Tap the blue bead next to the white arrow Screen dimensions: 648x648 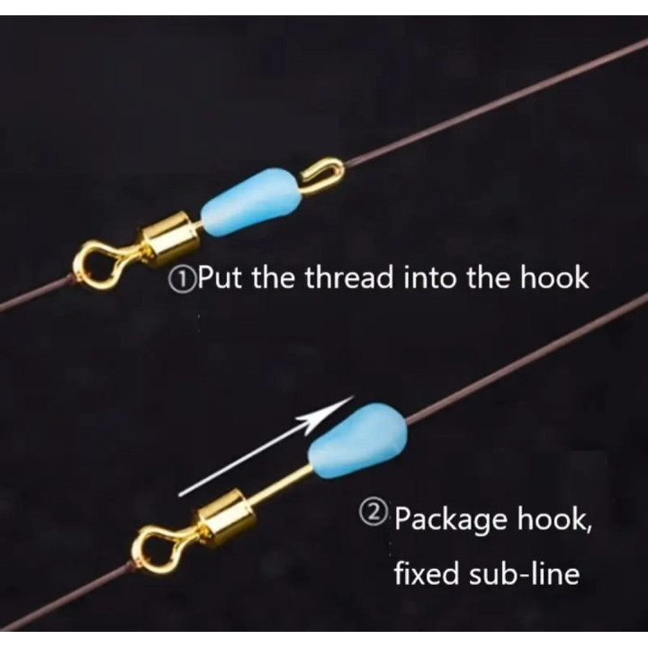(x=358, y=439)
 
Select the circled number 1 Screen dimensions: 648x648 (x=177, y=279)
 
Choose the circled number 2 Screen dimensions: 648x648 (x=373, y=515)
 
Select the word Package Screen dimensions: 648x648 (x=451, y=520)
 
